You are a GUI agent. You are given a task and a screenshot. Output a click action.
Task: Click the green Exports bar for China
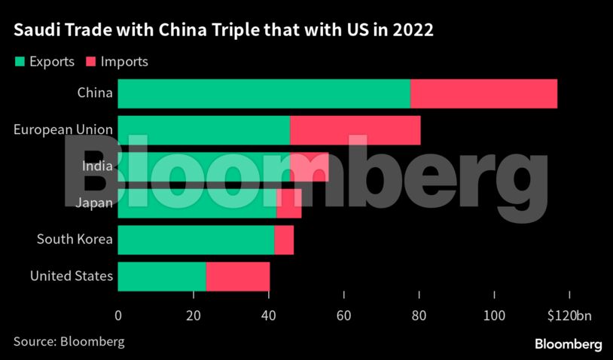point(264,93)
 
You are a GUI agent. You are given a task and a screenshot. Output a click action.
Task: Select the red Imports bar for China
point(483,93)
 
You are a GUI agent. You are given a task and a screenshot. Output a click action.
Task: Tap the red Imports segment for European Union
point(355,130)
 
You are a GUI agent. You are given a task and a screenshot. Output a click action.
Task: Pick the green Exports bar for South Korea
point(196,240)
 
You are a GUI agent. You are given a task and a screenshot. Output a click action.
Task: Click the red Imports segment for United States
point(237,276)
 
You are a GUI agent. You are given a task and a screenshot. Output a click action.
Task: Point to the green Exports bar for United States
point(162,276)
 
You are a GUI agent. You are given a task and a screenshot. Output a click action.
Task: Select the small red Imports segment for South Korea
point(284,240)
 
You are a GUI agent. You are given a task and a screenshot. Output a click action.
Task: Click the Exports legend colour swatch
point(19,62)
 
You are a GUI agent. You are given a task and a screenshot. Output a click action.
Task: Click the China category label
point(95,93)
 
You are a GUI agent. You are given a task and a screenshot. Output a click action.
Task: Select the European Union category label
point(63,130)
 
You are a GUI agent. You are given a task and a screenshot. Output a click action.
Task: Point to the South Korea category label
point(75,239)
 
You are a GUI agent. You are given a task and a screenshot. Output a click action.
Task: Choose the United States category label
point(72,276)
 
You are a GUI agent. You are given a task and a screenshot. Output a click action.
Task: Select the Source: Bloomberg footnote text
point(69,341)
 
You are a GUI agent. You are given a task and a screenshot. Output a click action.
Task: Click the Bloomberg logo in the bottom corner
point(568,343)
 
